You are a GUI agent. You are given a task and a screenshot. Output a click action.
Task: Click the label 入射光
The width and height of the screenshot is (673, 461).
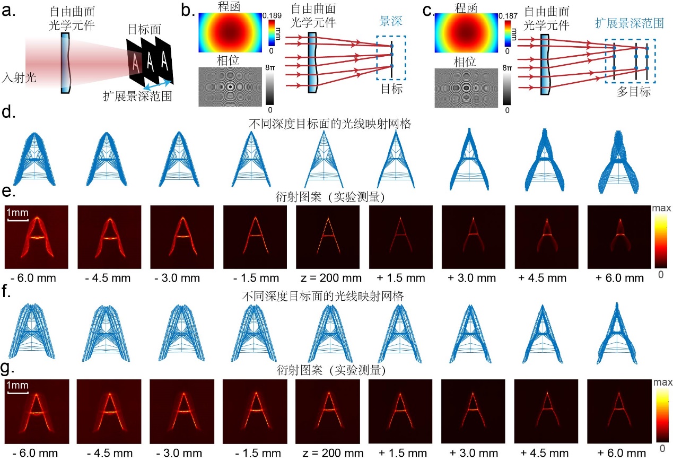pyautogui.click(x=15, y=77)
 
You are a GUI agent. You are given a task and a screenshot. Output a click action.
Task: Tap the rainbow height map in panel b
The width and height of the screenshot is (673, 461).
pyautogui.click(x=230, y=33)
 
